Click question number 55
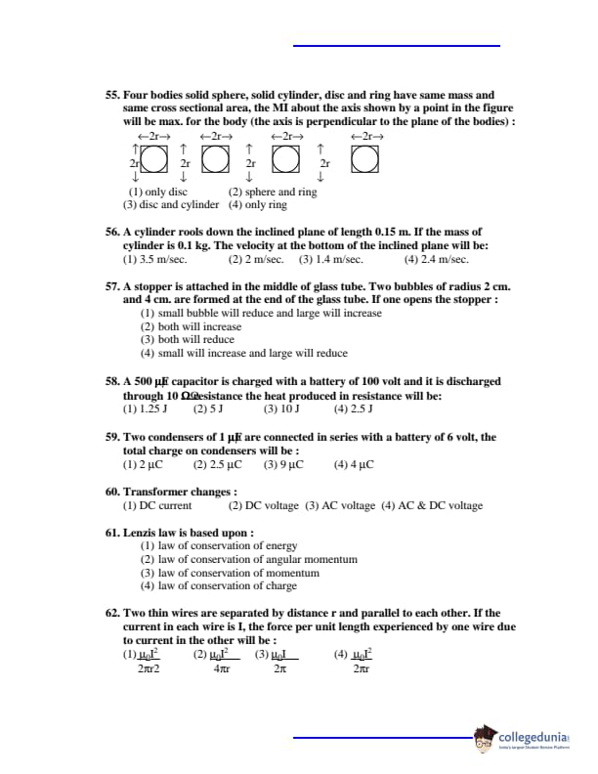(112, 95)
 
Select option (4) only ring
(258, 205)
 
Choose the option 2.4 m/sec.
(436, 260)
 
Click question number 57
(112, 286)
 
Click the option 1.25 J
(147, 409)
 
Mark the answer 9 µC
(283, 465)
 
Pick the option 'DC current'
(157, 505)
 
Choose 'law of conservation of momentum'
(231, 573)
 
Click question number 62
(112, 613)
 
